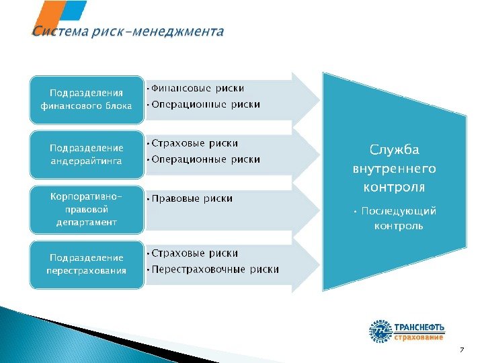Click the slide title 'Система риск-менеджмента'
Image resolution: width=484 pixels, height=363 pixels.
128,32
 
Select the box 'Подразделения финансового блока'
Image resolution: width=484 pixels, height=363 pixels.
86,99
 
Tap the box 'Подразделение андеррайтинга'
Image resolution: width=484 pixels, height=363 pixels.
86,154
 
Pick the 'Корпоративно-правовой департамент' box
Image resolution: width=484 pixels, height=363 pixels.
86,209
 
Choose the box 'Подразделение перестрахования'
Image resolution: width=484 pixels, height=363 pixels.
86,264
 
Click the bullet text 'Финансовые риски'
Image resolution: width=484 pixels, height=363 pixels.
198,89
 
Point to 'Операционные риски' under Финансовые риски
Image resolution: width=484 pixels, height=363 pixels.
206,104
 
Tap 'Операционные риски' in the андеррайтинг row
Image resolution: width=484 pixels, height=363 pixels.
206,159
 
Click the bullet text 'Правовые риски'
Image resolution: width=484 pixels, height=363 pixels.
192,198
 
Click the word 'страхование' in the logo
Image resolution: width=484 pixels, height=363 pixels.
418,336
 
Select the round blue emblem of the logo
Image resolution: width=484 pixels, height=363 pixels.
380,331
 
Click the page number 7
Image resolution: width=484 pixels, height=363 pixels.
462,350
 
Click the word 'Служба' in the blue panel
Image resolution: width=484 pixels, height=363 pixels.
395,150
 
